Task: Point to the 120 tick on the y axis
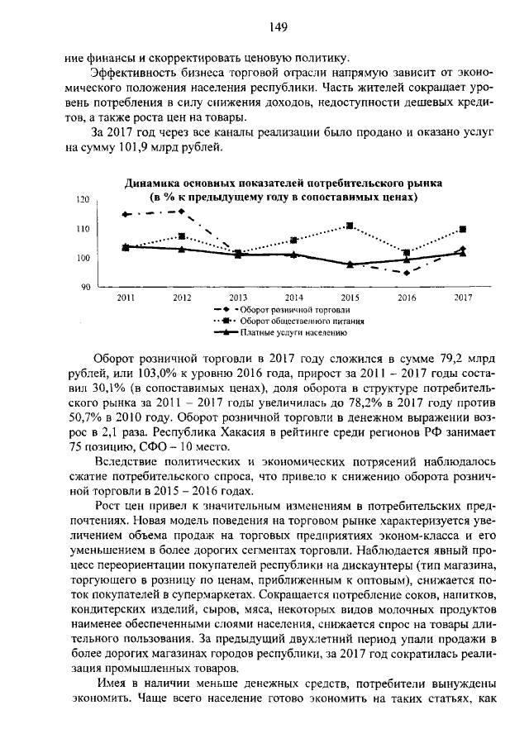pyautogui.click(x=82, y=199)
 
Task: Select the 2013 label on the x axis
pyautogui.click(x=238, y=297)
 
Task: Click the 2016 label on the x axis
pyautogui.click(x=407, y=297)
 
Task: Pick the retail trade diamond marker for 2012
pyautogui.click(x=182, y=212)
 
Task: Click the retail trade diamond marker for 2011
pyautogui.click(x=126, y=214)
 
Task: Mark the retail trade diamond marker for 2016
pyautogui.click(x=407, y=273)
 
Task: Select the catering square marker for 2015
pyautogui.click(x=350, y=226)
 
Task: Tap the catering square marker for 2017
pyautogui.click(x=462, y=229)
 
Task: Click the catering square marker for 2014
pyautogui.click(x=294, y=241)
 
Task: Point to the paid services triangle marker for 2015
pyautogui.click(x=350, y=264)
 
